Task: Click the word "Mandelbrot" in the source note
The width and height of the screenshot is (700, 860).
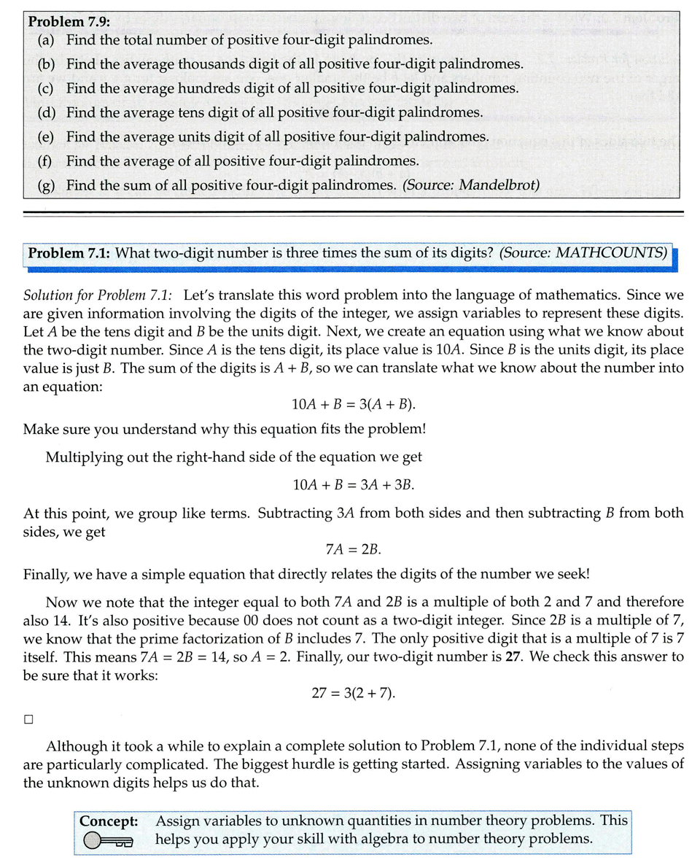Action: (502, 185)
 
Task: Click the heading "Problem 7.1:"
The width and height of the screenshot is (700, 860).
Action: (69, 253)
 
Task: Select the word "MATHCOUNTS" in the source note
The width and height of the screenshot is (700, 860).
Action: (611, 253)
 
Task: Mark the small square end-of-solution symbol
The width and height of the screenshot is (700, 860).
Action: (28, 719)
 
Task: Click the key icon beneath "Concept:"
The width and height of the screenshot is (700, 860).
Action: (109, 841)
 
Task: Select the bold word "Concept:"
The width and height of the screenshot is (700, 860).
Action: (109, 821)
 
